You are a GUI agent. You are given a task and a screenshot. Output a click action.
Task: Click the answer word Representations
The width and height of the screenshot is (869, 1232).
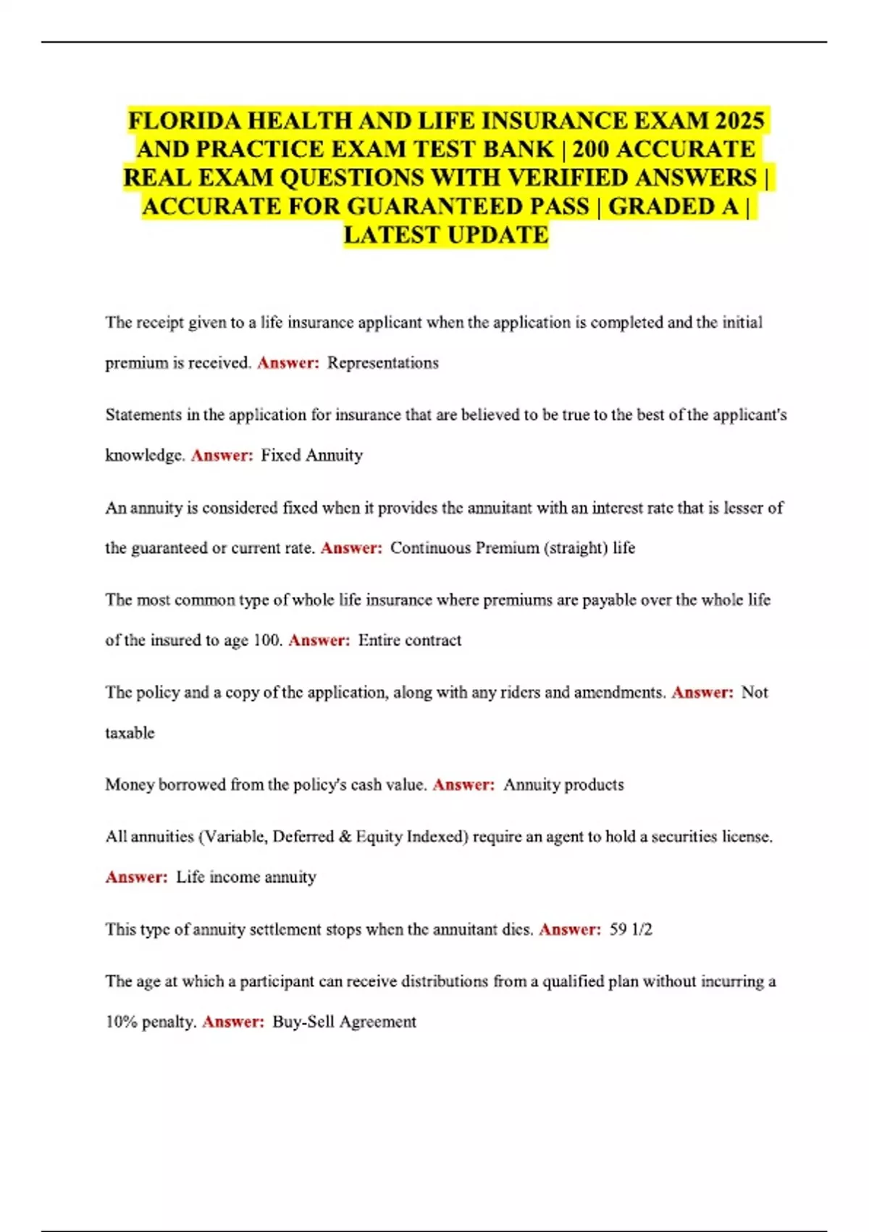tap(382, 363)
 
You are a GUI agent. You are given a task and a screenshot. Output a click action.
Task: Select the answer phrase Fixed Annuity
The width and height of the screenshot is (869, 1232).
tap(311, 455)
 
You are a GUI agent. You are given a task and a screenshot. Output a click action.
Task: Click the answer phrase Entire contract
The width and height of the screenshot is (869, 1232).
tap(409, 640)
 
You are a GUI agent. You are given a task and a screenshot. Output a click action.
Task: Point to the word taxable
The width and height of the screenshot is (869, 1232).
tap(130, 733)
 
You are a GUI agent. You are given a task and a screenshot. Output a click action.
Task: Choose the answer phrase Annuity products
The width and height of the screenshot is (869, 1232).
tap(563, 785)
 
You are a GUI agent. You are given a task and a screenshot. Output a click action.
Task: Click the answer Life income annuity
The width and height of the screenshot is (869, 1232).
tap(246, 877)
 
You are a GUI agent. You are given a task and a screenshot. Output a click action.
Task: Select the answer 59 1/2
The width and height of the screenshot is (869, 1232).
tap(631, 929)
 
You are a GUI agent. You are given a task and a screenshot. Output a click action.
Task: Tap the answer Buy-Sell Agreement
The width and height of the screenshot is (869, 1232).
tap(344, 1022)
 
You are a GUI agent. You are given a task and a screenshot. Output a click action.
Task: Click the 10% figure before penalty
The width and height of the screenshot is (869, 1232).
tap(121, 1022)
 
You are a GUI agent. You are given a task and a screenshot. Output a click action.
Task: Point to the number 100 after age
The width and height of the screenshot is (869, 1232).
tap(266, 640)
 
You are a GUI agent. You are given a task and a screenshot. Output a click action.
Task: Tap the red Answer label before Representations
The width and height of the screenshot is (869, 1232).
tap(287, 363)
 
